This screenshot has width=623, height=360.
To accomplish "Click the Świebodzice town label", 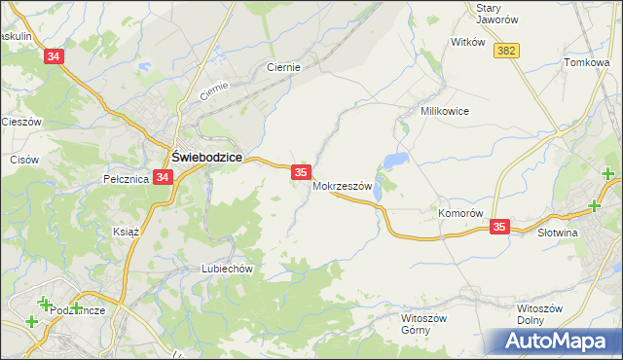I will (206, 156).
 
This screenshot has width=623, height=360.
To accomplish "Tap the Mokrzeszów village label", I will (343, 187).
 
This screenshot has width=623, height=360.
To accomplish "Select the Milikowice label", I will (445, 111).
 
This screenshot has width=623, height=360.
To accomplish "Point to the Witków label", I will (467, 42).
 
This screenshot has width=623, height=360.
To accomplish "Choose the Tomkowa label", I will (586, 62).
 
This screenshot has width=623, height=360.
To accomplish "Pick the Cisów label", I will (23, 159).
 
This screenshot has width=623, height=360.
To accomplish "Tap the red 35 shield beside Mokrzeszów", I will (301, 171).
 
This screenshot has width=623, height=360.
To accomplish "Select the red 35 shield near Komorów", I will (499, 227).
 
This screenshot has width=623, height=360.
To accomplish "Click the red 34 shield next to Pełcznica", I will (163, 177).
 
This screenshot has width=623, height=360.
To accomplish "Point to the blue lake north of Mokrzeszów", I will (394, 160).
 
